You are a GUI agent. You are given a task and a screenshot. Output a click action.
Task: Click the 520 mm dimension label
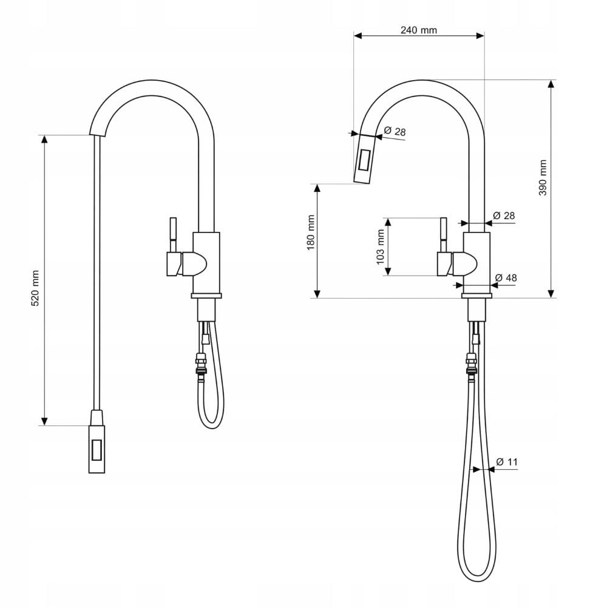coord(35,288)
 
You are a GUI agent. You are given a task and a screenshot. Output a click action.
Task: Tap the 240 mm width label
coord(418,30)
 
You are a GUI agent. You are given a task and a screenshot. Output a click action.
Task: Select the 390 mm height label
coord(543,177)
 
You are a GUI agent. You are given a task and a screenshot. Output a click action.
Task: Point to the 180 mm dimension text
coord(310,232)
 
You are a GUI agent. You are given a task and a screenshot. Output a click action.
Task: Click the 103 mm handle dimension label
coord(381,246)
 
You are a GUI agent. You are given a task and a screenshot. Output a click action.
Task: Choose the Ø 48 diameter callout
coord(506,278)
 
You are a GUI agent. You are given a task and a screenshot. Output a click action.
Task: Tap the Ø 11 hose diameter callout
coord(507,462)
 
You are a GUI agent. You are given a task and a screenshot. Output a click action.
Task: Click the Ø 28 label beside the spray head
coord(395,131)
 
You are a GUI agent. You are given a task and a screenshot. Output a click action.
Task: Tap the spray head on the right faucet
coord(365,159)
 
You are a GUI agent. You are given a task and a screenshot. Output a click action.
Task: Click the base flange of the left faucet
coord(206,296)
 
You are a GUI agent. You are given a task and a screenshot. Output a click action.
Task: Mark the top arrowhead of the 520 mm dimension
coord(44,138)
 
